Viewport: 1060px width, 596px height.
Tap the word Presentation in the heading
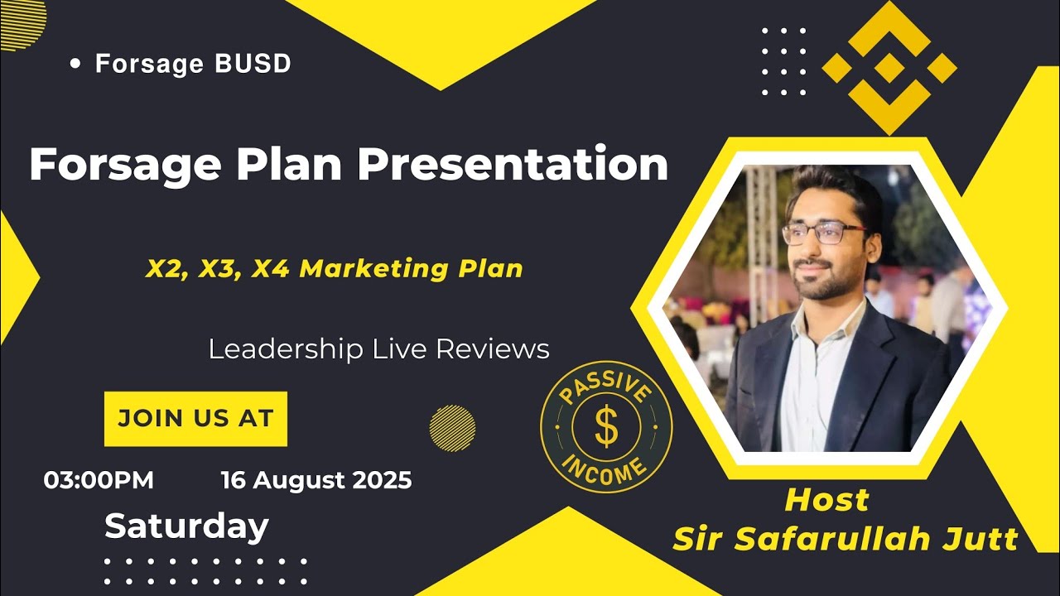[x=513, y=164]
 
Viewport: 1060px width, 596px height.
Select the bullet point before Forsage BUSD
[x=76, y=63]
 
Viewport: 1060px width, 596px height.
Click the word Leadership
[x=286, y=348]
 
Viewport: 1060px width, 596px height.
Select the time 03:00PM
[x=99, y=480]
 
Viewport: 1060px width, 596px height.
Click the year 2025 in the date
[x=383, y=480]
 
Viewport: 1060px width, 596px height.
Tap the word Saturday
[x=186, y=526]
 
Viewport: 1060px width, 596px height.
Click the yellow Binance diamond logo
[x=889, y=68]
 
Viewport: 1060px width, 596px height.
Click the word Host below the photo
[x=826, y=500]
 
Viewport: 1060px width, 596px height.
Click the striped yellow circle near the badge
[x=452, y=428]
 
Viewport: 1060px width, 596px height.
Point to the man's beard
[x=820, y=286]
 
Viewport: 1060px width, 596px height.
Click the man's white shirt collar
[x=807, y=327]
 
